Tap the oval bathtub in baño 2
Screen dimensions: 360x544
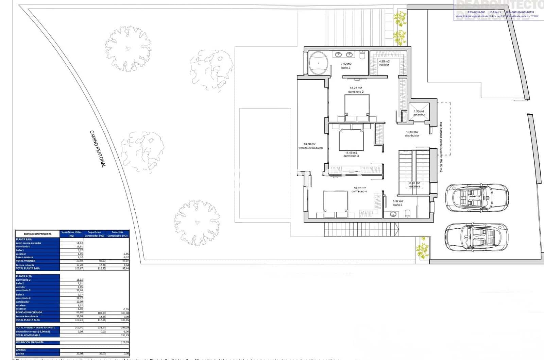(319, 63)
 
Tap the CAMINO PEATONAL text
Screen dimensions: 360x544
(98, 149)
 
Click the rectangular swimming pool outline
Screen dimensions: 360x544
(265, 163)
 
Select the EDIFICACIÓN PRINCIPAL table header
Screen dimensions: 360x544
(38, 234)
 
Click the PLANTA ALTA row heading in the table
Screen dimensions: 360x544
(24, 276)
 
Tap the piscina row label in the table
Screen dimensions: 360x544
(21, 354)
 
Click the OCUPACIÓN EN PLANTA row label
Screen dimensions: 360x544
(30, 342)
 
